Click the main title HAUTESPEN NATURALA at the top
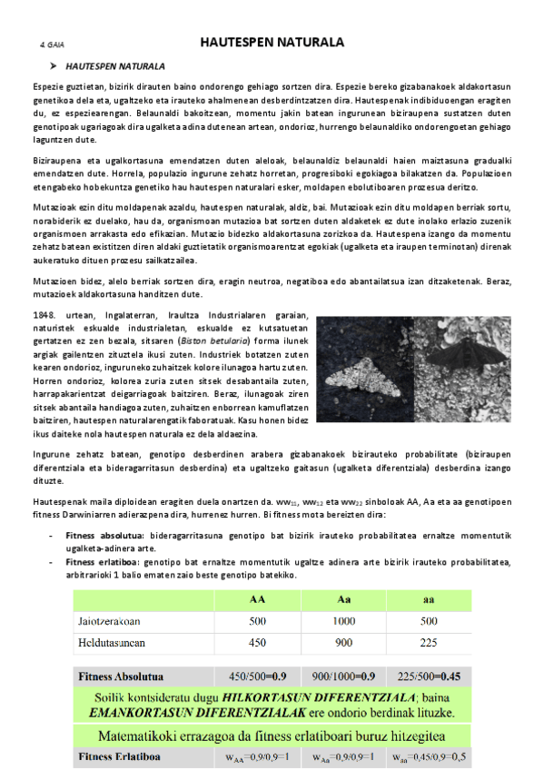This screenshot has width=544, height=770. [272, 42]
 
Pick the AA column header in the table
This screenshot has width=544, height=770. [257, 600]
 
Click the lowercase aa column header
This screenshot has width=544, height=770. [429, 600]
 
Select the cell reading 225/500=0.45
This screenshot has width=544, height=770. [429, 676]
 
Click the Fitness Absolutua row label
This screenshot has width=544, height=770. [121, 676]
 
